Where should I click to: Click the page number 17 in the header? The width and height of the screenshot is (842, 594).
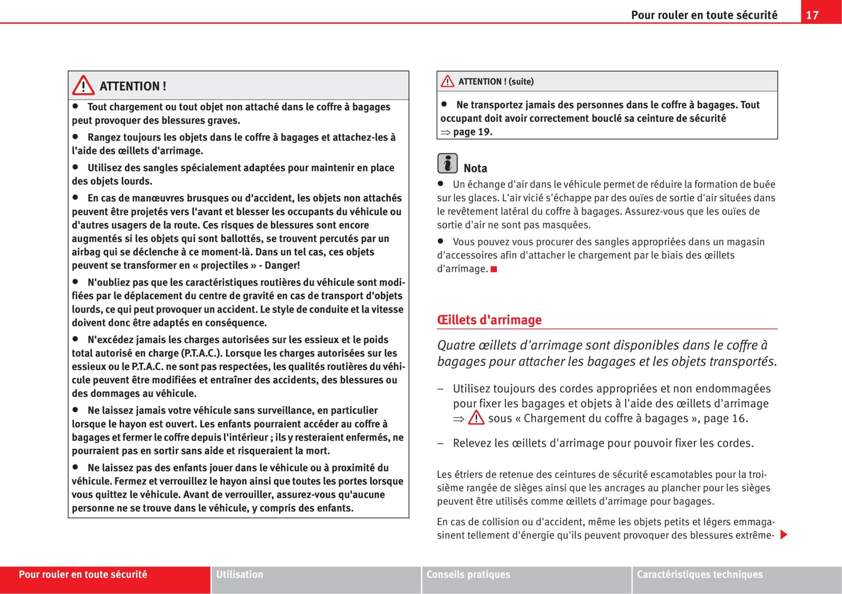pyautogui.click(x=812, y=15)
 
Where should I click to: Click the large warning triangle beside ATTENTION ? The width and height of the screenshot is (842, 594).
pyautogui.click(x=83, y=86)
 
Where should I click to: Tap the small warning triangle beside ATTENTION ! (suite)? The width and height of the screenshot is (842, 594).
pyautogui.click(x=447, y=82)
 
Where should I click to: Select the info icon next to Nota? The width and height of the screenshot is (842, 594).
pyautogui.click(x=448, y=163)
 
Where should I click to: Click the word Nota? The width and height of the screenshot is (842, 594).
pyautogui.click(x=475, y=168)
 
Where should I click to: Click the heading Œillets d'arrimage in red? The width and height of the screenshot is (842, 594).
pyautogui.click(x=489, y=319)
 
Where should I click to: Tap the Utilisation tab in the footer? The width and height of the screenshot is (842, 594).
pyautogui.click(x=239, y=574)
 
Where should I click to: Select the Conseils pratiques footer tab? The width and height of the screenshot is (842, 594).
pyautogui.click(x=468, y=574)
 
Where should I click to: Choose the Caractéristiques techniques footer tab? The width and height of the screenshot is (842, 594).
pyautogui.click(x=699, y=574)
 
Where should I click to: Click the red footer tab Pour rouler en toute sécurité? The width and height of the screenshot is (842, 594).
pyautogui.click(x=83, y=574)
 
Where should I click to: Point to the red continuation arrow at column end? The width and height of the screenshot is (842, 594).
pyautogui.click(x=784, y=535)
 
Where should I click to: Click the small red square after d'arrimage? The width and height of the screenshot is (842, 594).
pyautogui.click(x=494, y=269)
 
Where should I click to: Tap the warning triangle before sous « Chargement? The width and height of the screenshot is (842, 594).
pyautogui.click(x=476, y=418)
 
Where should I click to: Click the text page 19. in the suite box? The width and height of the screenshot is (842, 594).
pyautogui.click(x=473, y=132)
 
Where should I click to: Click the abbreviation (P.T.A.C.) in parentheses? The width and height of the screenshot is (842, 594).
pyautogui.click(x=200, y=353)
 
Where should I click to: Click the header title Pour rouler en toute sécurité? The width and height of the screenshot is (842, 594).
pyautogui.click(x=704, y=15)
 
